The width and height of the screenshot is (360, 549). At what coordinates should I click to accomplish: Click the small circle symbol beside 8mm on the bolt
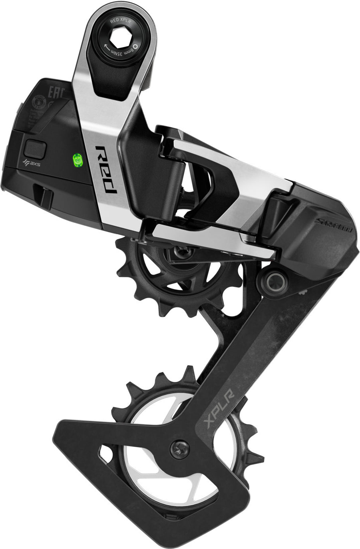[135, 46]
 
